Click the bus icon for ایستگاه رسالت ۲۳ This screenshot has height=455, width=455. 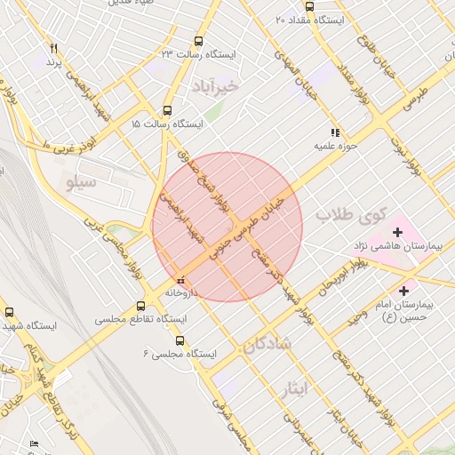197,41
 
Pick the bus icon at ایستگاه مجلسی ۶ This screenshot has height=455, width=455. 180,340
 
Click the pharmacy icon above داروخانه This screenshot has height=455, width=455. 181,281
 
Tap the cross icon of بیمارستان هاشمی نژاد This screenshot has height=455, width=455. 397,233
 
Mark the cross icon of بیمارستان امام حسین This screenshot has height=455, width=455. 404,290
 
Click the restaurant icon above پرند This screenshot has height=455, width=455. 54,48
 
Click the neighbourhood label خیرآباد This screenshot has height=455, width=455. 215,85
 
